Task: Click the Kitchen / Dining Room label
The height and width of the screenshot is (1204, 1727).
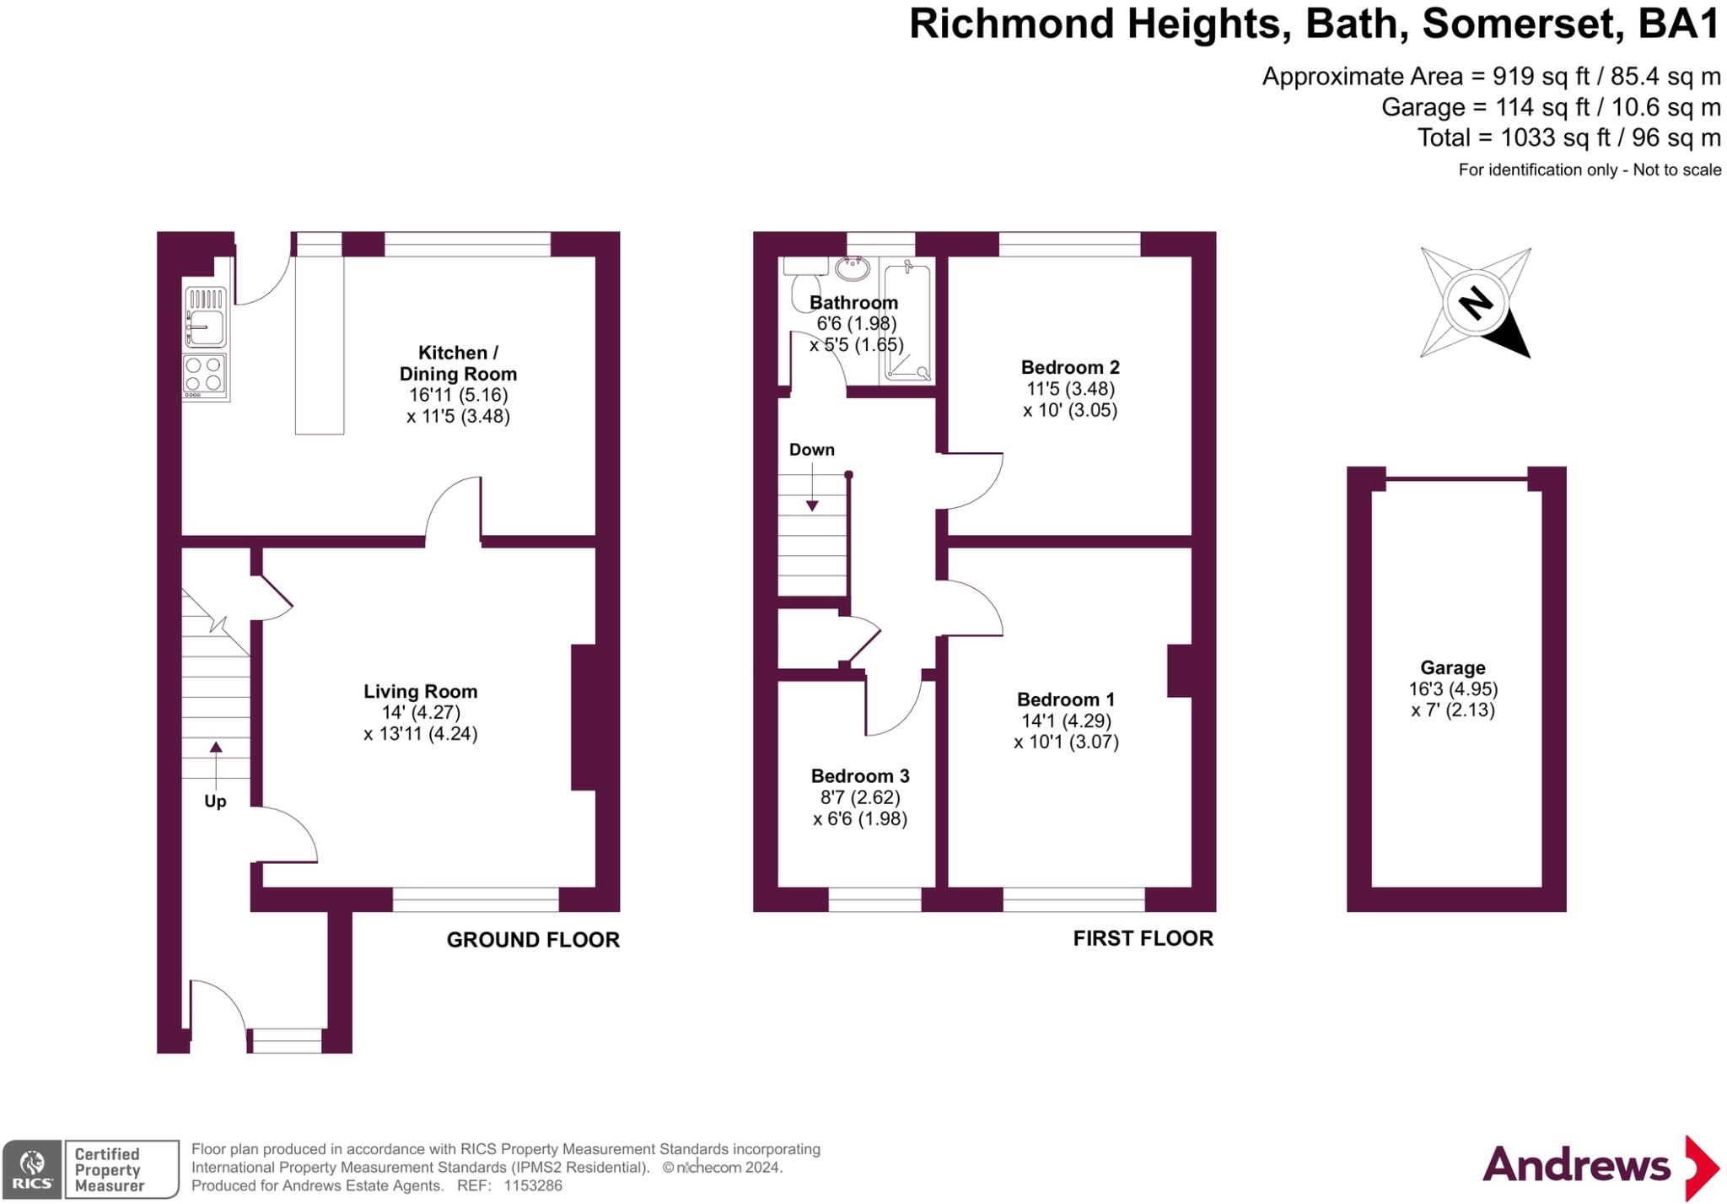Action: pyautogui.click(x=458, y=363)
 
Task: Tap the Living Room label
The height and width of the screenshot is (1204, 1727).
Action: pyautogui.click(x=421, y=691)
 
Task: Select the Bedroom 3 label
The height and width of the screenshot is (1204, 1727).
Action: pyautogui.click(x=860, y=775)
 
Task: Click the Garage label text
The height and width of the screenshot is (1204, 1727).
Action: pyautogui.click(x=1453, y=667)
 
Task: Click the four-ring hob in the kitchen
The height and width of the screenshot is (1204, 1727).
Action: pyautogui.click(x=205, y=376)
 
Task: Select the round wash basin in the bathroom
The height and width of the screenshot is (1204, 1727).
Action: pyautogui.click(x=853, y=268)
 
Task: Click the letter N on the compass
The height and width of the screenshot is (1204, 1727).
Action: pyautogui.click(x=1476, y=302)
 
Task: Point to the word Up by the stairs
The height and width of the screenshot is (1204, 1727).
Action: pyautogui.click(x=215, y=801)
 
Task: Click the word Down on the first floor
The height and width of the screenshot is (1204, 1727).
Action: pyautogui.click(x=812, y=450)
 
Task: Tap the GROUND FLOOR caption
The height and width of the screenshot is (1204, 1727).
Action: pyautogui.click(x=533, y=940)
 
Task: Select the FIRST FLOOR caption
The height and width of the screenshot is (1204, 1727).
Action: pyautogui.click(x=1143, y=938)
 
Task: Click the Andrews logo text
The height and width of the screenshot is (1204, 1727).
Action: pyautogui.click(x=1576, y=1165)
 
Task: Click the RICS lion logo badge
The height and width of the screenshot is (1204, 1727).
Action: pyautogui.click(x=32, y=1169)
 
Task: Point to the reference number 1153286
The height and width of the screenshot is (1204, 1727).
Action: pyautogui.click(x=533, y=1185)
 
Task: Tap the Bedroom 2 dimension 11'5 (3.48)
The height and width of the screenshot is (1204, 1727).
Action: pyautogui.click(x=1070, y=389)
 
